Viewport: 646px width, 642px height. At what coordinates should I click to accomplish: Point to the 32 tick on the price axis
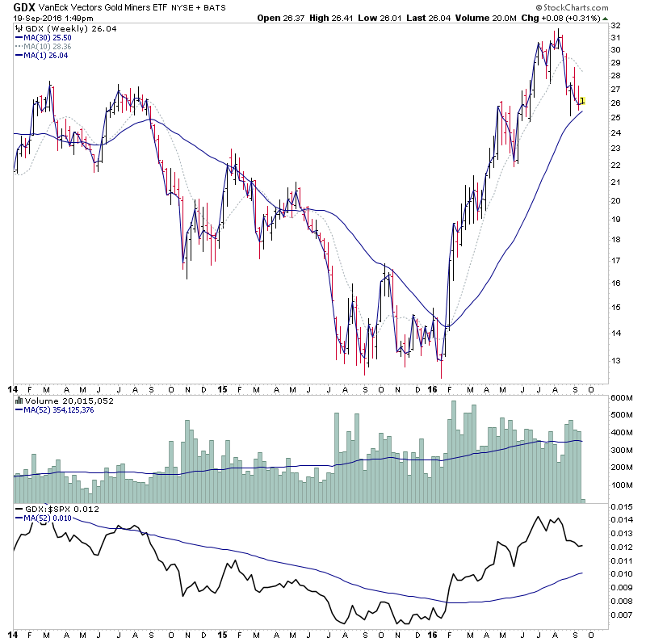(x=616, y=26)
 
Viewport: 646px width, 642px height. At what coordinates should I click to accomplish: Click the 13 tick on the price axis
(x=616, y=360)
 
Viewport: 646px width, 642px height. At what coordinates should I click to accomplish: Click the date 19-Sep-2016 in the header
(x=39, y=18)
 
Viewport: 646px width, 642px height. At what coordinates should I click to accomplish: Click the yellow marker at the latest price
(x=583, y=101)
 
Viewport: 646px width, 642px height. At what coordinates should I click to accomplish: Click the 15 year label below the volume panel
(x=222, y=388)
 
